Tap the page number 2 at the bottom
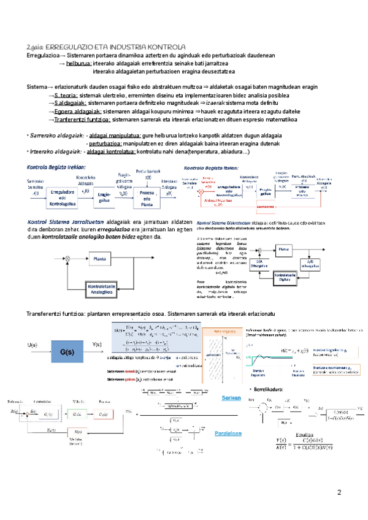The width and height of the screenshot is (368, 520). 339,492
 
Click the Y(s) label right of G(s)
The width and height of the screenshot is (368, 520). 96,345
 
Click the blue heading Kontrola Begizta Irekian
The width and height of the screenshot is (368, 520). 56,167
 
